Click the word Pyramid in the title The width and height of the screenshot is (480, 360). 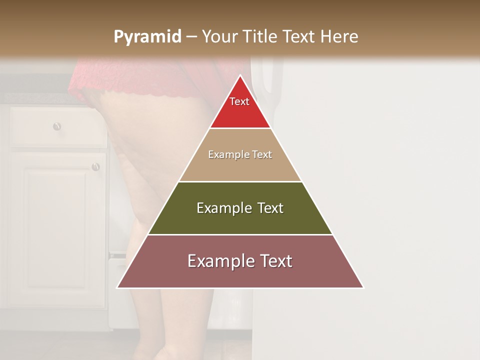(147, 37)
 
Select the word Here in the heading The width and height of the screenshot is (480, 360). (339, 36)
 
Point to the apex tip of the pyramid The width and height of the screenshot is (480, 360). (240, 76)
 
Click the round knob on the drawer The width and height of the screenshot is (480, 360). (57, 126)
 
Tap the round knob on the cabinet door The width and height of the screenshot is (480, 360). (95, 166)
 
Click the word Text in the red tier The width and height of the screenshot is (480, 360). (239, 101)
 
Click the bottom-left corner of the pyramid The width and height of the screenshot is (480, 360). (118, 287)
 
